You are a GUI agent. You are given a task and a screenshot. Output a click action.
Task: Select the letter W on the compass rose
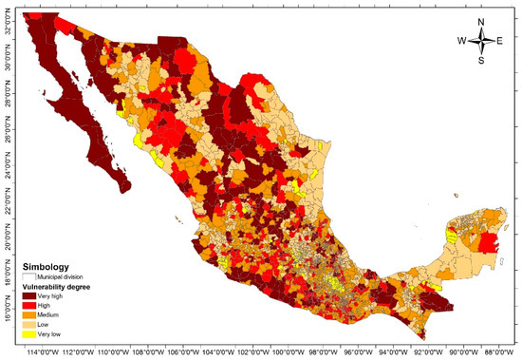[x=462, y=40]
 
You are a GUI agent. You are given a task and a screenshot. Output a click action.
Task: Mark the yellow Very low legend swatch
[x=29, y=333]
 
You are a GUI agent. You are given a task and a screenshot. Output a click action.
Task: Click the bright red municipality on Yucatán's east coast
[x=490, y=245]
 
